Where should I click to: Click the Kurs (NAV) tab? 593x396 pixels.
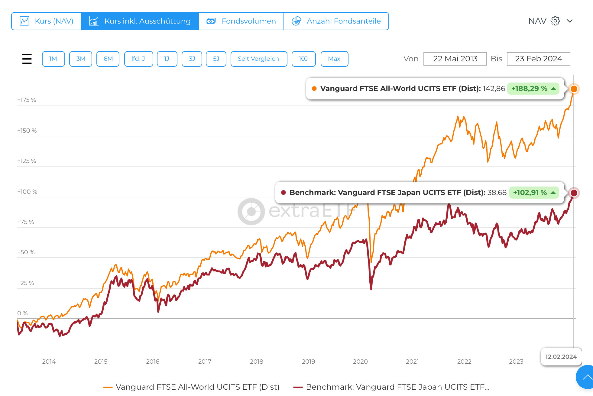47,21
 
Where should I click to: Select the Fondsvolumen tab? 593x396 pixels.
241,21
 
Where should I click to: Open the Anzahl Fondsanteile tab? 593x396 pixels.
336,21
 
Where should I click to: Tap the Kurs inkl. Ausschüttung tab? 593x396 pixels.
140,21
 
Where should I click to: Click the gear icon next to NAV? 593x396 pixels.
555,21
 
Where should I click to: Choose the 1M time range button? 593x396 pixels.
53,59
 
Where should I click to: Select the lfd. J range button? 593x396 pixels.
138,59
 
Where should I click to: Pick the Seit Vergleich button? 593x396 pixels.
258,59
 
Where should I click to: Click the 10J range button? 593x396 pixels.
303,59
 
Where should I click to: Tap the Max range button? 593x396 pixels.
334,59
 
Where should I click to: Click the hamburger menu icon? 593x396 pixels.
27,59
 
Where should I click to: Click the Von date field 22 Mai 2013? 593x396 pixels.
455,59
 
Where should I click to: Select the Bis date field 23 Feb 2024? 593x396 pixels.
538,59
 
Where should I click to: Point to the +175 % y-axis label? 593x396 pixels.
27,100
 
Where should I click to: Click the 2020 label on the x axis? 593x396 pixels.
360,362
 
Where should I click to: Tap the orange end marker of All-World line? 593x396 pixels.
574,89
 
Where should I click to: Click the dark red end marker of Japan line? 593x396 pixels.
574,193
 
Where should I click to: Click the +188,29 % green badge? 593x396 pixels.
533,89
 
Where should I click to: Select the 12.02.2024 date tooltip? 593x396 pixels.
561,357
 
